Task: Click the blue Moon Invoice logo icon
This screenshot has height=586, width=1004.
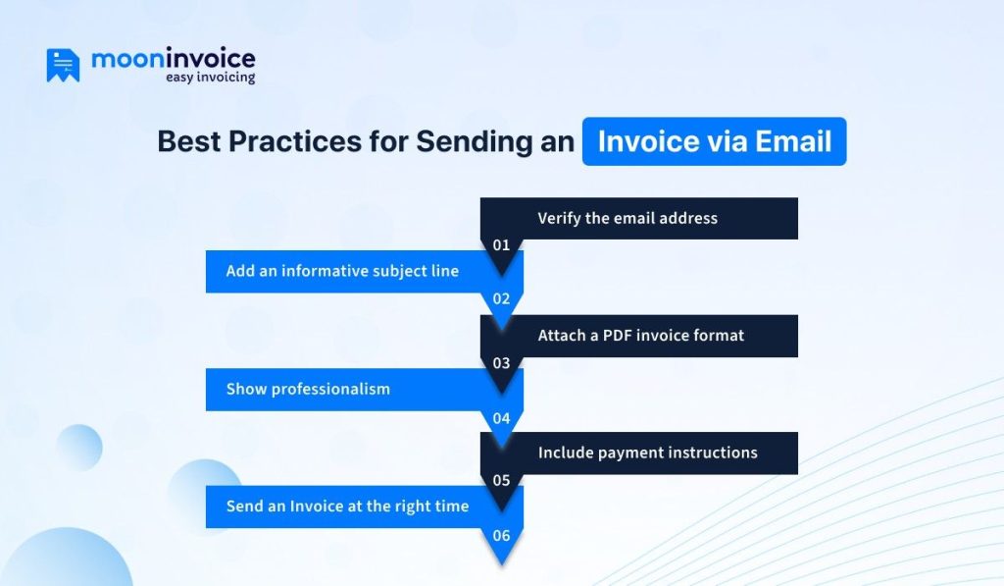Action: [x=63, y=65]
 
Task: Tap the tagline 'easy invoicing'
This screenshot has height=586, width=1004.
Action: [x=209, y=78]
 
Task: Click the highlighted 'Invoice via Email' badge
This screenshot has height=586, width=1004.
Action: [x=714, y=141]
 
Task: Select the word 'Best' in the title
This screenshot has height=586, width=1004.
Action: [x=189, y=141]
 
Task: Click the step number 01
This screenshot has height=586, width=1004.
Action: [x=501, y=245]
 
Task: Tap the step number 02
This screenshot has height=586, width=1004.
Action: [x=501, y=299]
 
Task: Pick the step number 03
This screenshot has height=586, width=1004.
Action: [x=501, y=363]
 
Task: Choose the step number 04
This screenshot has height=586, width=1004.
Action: [x=501, y=418]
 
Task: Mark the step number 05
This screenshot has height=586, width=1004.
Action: [x=501, y=481]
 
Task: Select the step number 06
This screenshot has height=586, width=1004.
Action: [x=501, y=536]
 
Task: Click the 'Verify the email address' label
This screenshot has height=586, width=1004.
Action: [x=627, y=218]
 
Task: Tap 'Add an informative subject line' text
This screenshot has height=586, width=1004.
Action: [x=342, y=271]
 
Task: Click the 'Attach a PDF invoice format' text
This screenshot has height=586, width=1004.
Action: [x=640, y=336]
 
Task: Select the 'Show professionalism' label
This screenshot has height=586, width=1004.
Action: [x=308, y=389]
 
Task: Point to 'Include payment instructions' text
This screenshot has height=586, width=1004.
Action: [x=647, y=453]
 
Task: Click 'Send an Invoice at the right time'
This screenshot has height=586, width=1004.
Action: [x=347, y=506]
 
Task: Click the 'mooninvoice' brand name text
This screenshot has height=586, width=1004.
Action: [x=173, y=59]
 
